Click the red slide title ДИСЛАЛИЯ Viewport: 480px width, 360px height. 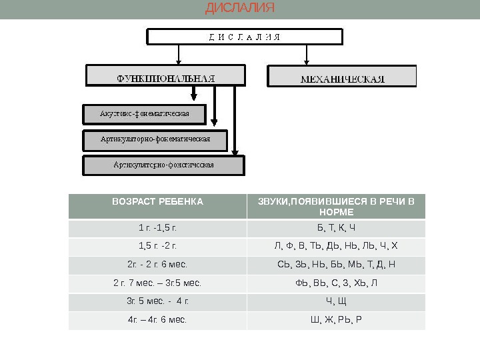239,9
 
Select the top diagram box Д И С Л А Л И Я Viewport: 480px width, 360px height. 245,37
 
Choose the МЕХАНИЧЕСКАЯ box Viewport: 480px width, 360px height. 342,77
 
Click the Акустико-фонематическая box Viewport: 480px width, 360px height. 145,114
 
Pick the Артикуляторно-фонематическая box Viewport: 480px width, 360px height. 155,139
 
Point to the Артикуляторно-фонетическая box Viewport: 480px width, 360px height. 163,165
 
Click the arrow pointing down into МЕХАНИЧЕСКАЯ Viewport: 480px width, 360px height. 307,55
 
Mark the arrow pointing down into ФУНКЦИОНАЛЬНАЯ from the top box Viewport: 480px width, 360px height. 179,55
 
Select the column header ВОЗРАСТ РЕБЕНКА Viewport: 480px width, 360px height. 157,201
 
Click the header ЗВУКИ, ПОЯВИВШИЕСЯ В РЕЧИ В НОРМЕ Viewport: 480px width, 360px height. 336,207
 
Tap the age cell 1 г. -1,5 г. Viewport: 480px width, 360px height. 157,229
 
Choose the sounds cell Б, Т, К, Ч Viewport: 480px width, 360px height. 336,229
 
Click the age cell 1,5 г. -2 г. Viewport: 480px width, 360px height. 157,247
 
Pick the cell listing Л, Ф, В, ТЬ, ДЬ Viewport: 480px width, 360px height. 336,247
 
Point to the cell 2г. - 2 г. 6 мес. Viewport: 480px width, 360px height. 157,265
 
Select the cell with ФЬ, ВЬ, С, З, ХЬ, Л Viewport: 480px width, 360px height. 336,283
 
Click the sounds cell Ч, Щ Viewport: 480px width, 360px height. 336,301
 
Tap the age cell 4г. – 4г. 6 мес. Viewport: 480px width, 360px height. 157,319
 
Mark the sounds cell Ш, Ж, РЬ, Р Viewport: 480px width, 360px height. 336,319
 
